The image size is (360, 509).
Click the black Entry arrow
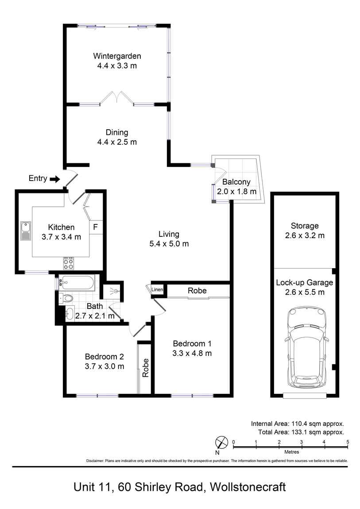55,179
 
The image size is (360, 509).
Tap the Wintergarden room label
117,56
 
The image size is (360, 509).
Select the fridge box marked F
95,228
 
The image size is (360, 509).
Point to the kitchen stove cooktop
69,263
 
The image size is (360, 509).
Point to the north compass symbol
221,443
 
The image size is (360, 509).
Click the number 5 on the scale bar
348,442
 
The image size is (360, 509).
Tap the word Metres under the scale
290,452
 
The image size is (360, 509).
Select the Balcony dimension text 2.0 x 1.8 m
236,192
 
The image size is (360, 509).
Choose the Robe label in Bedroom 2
145,367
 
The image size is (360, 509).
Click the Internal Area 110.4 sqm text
297,423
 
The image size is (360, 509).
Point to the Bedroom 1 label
192,343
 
